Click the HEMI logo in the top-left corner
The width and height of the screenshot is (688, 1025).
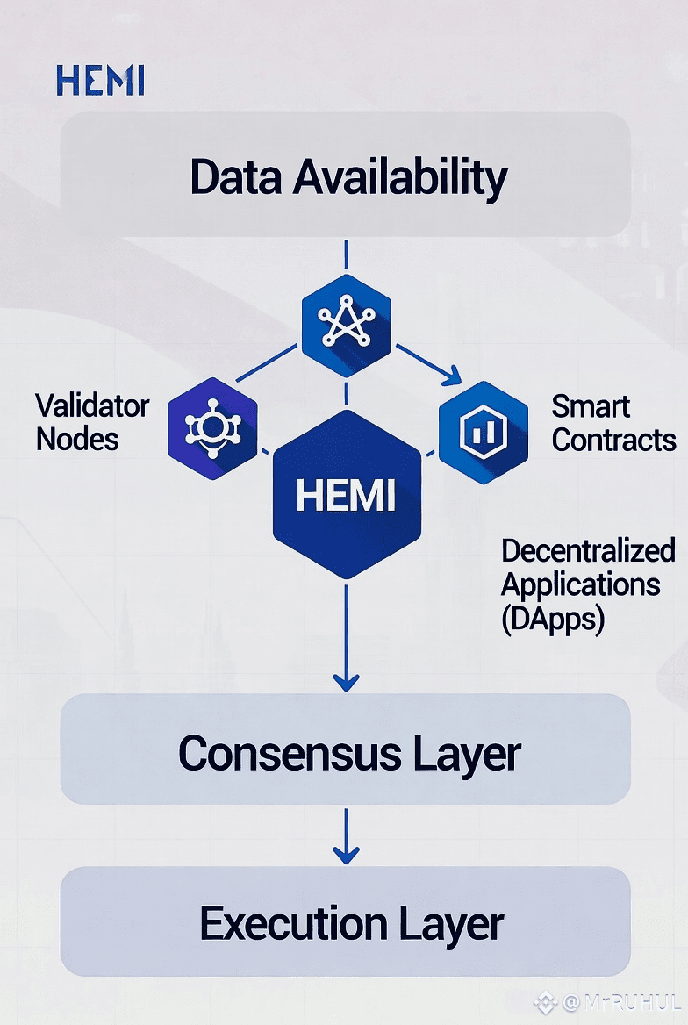(99, 81)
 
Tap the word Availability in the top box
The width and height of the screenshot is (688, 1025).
(400, 177)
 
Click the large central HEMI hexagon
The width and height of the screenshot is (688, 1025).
(346, 495)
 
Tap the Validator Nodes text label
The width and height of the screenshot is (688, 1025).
(91, 422)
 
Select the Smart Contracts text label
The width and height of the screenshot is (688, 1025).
(613, 422)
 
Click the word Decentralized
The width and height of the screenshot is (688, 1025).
(588, 551)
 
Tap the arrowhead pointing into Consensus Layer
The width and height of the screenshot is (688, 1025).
(347, 680)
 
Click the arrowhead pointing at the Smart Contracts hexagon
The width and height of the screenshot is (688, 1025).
(450, 377)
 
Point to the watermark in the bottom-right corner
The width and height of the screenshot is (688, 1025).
(609, 1002)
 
